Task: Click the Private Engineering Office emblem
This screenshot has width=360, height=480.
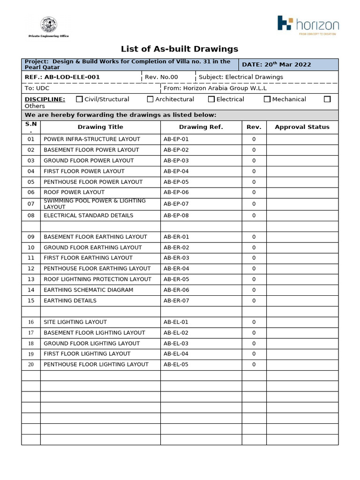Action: coord(48,25)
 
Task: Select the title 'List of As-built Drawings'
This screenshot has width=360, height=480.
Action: coord(180,49)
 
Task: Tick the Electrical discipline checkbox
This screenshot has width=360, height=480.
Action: coord(211,99)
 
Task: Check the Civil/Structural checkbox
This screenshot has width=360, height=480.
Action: coord(79,99)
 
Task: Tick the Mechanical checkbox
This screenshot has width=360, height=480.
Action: coord(267,99)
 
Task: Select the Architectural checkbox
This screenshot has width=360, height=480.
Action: coord(150,99)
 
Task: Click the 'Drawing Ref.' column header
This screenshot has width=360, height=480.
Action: coord(201,127)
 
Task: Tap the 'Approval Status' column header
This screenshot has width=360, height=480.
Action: coord(302,127)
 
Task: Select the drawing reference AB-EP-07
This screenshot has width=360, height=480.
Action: coord(176,204)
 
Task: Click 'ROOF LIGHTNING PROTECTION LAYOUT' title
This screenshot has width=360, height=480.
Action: coord(97,279)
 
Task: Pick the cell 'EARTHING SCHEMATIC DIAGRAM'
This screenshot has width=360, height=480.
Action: coord(88,290)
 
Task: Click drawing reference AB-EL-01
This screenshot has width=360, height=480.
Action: coord(176,322)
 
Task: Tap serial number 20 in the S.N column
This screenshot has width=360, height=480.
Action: coord(31,365)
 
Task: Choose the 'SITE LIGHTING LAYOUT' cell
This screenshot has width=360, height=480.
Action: coord(75,322)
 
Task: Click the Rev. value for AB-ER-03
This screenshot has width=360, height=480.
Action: coord(254,258)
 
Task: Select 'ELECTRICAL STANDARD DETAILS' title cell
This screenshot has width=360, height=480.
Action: coord(88,216)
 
